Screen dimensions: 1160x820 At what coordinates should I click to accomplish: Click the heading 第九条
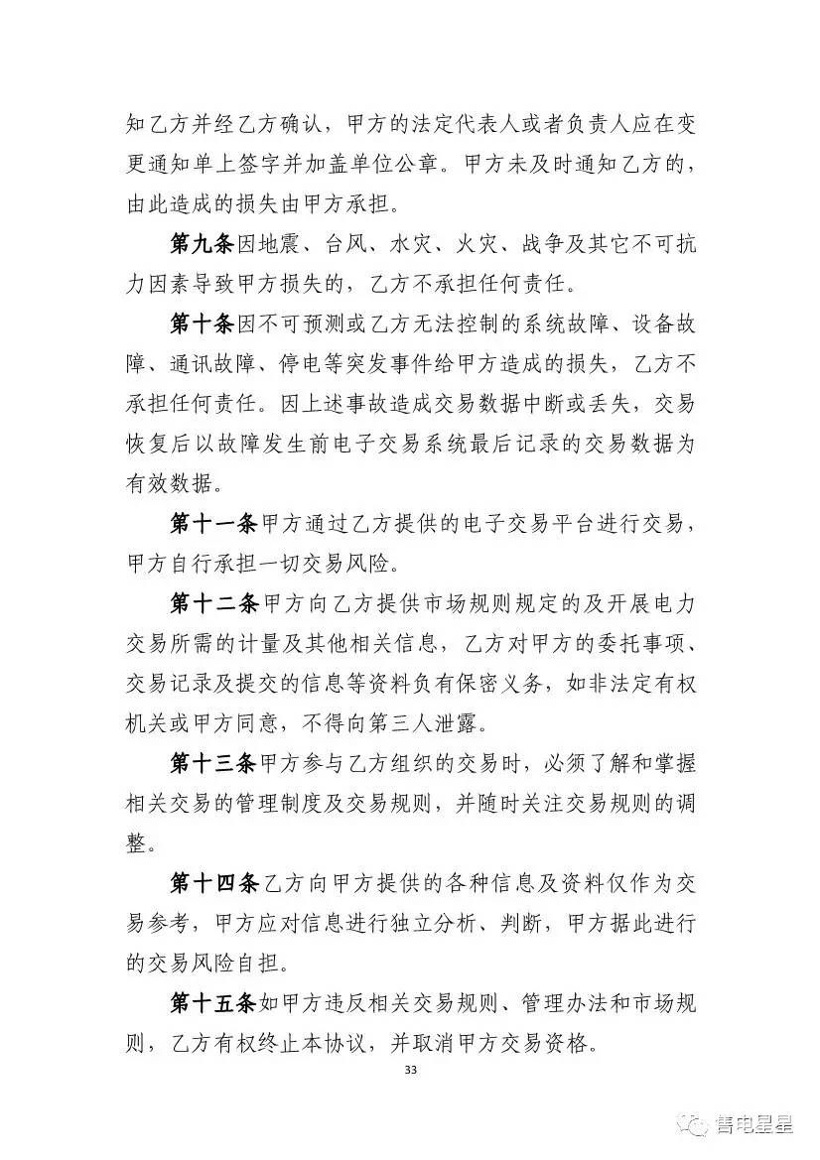(x=202, y=244)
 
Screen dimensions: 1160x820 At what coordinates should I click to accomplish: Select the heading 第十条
(x=202, y=323)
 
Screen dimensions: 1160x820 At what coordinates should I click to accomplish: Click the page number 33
(x=411, y=1071)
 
